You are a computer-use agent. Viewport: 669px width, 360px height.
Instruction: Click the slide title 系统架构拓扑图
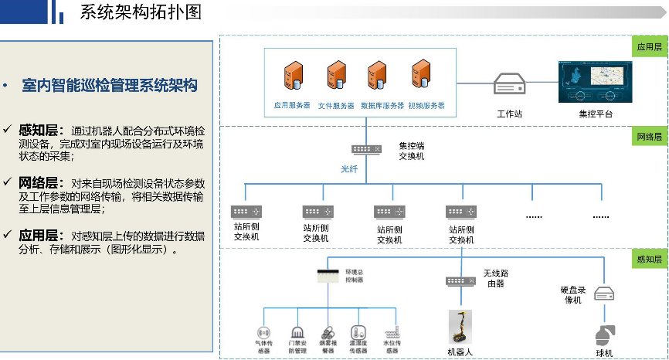[141, 12]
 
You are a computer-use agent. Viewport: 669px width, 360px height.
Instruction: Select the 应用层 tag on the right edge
[650, 46]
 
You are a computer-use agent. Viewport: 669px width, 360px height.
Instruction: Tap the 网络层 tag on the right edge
[650, 137]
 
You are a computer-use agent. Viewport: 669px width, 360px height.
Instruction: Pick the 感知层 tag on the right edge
[650, 260]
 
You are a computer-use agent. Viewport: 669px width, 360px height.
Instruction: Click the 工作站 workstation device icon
[510, 82]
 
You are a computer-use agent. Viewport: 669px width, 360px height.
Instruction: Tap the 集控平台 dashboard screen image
[596, 81]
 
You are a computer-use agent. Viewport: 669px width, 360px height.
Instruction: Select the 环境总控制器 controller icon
[329, 274]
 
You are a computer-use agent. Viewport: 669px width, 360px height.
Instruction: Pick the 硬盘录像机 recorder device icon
[603, 294]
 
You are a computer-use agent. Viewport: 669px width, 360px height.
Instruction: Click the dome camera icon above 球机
[603, 335]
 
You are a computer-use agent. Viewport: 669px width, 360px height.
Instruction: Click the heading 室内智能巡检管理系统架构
[110, 86]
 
